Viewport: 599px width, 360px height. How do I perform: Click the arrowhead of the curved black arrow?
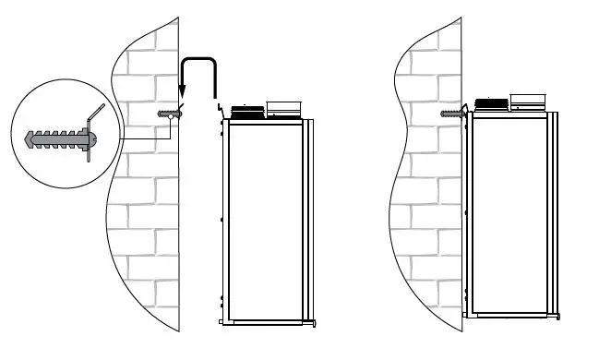(183, 93)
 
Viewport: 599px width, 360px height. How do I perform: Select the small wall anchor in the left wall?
(168, 114)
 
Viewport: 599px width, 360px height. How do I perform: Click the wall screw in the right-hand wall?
(451, 114)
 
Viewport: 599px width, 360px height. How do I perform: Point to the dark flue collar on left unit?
(246, 113)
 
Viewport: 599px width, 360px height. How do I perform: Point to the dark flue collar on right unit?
(491, 104)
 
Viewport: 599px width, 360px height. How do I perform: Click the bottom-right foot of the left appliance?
(316, 323)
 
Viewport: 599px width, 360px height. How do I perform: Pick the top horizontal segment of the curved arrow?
(199, 60)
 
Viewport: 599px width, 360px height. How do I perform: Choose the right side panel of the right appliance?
(555, 212)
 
